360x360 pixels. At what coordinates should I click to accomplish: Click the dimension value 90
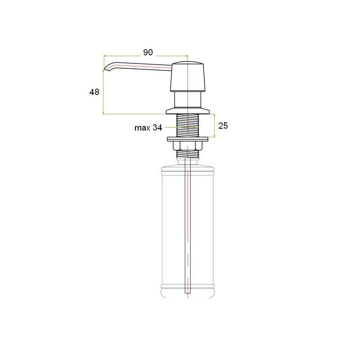click(148, 52)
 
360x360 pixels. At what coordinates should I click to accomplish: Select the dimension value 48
click(94, 92)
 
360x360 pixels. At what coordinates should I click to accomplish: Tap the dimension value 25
click(223, 126)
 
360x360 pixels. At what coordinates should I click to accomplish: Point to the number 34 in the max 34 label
click(157, 127)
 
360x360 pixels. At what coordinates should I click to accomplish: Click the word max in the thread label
click(142, 128)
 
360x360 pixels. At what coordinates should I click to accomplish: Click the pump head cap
click(187, 76)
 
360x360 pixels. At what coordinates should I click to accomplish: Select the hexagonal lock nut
click(188, 146)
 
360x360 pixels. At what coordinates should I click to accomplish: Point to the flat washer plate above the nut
click(188, 139)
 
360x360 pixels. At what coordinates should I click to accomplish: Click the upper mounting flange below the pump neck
click(188, 111)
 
